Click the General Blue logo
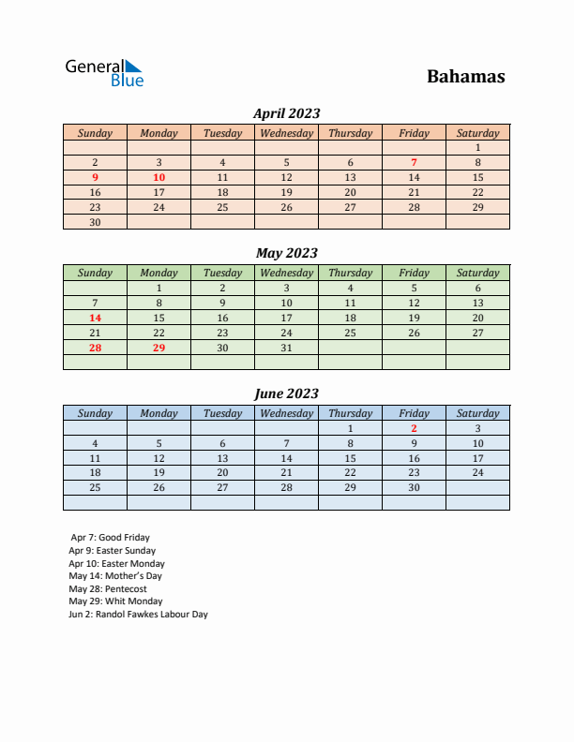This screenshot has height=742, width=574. pos(104,73)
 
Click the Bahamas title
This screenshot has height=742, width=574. pos(465,76)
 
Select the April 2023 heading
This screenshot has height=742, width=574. pos(286,113)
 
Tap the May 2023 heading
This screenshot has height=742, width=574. pos(286,253)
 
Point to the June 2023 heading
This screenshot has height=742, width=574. pos(286,393)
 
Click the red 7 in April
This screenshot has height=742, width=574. pos(414,162)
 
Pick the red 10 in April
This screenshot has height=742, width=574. pos(159,177)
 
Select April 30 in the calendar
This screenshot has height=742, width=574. pos(95,222)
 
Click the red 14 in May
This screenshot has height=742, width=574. pos(95,318)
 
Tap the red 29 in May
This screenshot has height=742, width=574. pos(159,348)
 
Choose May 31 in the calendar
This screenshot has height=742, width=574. pos(286,348)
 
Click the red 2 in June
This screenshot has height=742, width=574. pos(414,428)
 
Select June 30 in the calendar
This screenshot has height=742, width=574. pos(414,487)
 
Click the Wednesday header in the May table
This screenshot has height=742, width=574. pos(286,273)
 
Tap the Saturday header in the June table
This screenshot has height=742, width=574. pos(477,413)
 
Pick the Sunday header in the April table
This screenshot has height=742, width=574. pos(95,133)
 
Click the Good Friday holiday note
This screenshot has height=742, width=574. pos(110,538)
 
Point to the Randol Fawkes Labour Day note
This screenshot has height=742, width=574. pos(138,615)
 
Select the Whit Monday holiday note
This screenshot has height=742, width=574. pos(115,601)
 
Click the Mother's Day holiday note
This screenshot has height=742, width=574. pos(115,576)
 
